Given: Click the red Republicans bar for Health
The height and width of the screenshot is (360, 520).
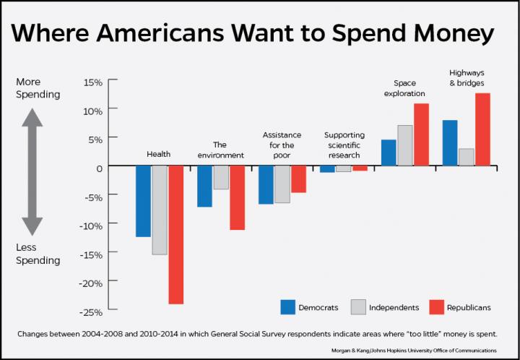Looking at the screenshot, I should coord(175,234).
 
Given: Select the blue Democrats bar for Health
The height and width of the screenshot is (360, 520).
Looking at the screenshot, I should coord(143,201).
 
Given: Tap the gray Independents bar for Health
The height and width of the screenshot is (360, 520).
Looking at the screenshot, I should coord(160,210).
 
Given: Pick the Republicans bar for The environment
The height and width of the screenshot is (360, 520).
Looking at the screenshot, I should coord(237,197).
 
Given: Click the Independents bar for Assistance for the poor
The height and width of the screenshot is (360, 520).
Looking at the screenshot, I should coord(282,184).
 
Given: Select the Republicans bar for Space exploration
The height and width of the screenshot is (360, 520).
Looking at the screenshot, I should coord(421,134).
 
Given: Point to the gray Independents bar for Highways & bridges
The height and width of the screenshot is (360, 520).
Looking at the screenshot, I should coord(466,157).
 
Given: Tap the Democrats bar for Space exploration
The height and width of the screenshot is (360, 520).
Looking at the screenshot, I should coord(388,153).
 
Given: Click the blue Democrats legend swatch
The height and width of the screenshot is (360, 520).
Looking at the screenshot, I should coord(288,307).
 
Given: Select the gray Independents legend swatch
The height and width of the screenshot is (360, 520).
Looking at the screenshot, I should coord(358,307).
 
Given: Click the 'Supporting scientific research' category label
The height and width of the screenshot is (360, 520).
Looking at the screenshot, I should coord(344,144).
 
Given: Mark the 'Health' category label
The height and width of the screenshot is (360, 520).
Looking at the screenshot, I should coord(158,155).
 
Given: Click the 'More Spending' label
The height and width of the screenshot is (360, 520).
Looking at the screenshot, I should coord(38,88).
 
